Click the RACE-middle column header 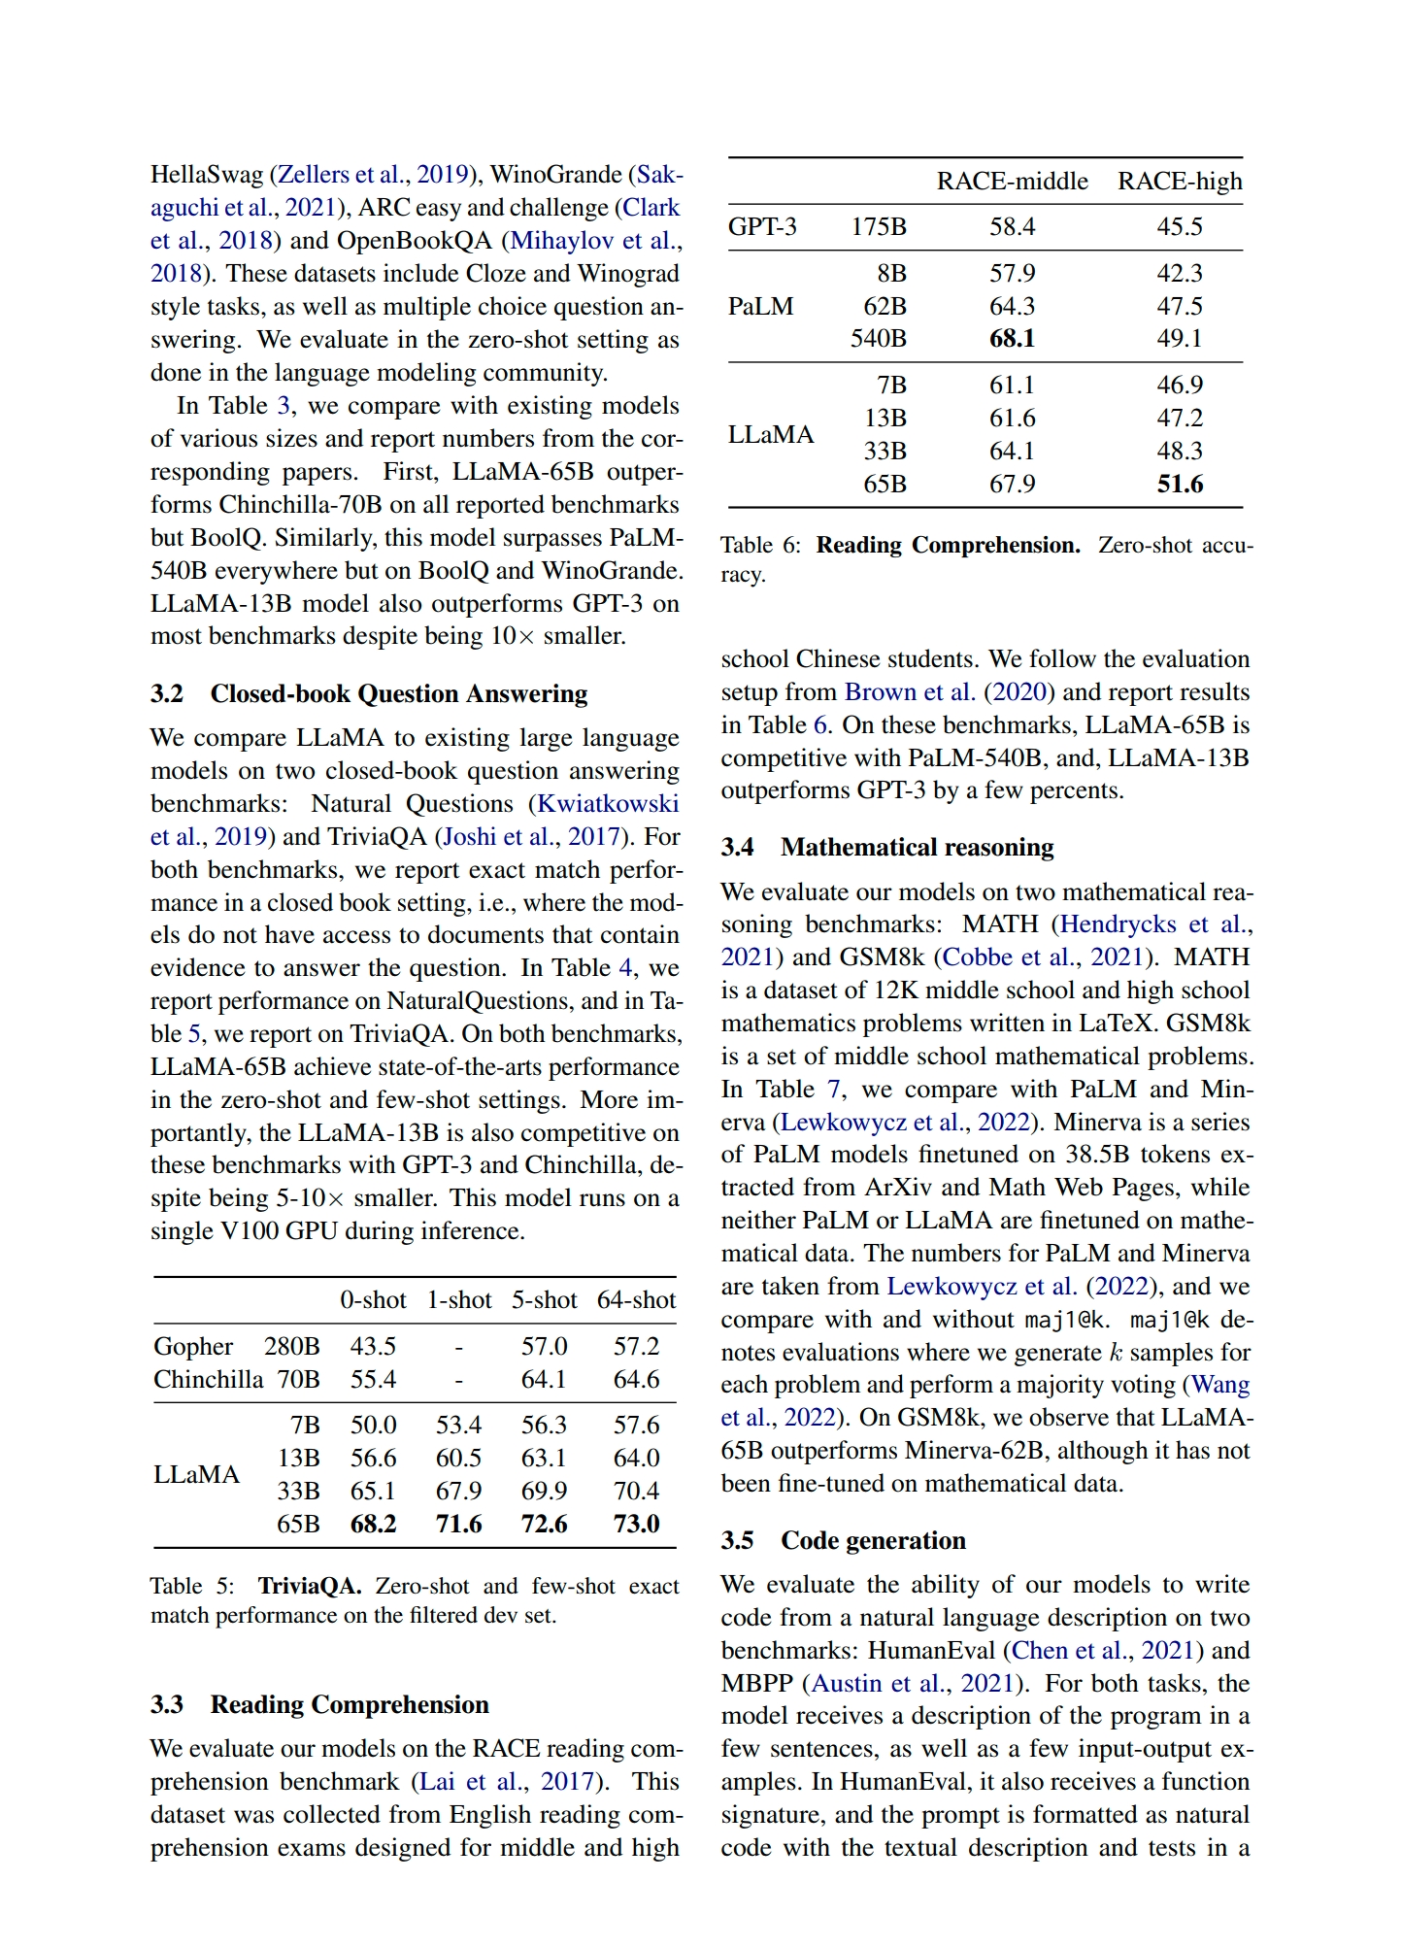[x=1012, y=182]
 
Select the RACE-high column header [x=1179, y=182]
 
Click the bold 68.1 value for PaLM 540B [x=1012, y=339]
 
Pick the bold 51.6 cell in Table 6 [x=1180, y=485]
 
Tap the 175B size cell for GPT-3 [x=879, y=227]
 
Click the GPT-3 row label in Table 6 [x=762, y=227]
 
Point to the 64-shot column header [x=636, y=1300]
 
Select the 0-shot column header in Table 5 [x=373, y=1300]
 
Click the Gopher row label [x=193, y=1347]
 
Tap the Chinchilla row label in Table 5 [x=208, y=1380]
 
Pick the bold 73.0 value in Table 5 [x=636, y=1524]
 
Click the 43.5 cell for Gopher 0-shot [x=373, y=1347]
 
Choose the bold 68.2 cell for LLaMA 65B [x=373, y=1524]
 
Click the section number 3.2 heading [x=167, y=694]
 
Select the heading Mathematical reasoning [x=917, y=848]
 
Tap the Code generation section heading [x=873, y=1541]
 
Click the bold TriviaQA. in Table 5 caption [x=309, y=1587]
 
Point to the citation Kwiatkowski [x=608, y=804]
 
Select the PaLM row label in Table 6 [x=760, y=307]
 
